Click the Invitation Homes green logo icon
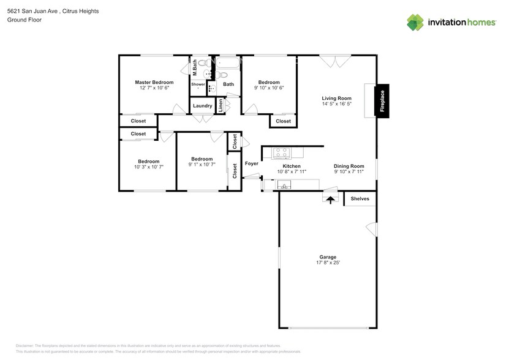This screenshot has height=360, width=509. [x=416, y=22]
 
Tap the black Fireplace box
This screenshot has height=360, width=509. [x=382, y=100]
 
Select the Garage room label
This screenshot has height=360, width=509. [x=328, y=257]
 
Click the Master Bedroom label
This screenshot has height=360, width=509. [x=154, y=82]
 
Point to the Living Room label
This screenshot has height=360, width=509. [x=336, y=98]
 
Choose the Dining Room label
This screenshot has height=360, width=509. [x=349, y=166]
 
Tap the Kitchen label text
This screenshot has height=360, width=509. [x=291, y=166]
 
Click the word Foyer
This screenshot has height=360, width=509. [x=252, y=163]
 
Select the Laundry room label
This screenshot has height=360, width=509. [x=202, y=106]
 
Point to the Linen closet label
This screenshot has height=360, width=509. [x=221, y=105]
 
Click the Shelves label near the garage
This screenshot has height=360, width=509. [x=360, y=199]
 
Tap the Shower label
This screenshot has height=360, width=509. [x=198, y=84]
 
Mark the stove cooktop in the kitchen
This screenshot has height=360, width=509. [x=281, y=152]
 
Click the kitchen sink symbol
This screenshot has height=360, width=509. [x=284, y=186]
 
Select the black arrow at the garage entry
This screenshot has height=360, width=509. [x=331, y=199]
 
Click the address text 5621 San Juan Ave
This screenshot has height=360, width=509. [x=35, y=11]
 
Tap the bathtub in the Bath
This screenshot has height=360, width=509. [x=228, y=64]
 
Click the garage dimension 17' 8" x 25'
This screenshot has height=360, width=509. [x=328, y=263]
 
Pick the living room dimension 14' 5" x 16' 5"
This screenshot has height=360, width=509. [x=336, y=104]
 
